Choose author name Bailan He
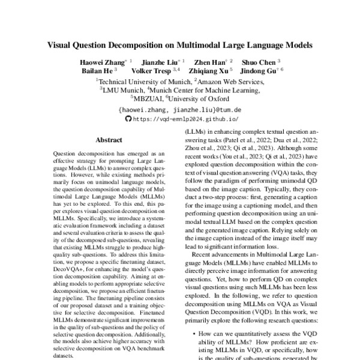(x=96, y=71)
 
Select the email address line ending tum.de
(x=179, y=110)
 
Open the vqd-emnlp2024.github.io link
(x=185, y=119)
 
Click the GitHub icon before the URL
(x=126, y=119)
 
